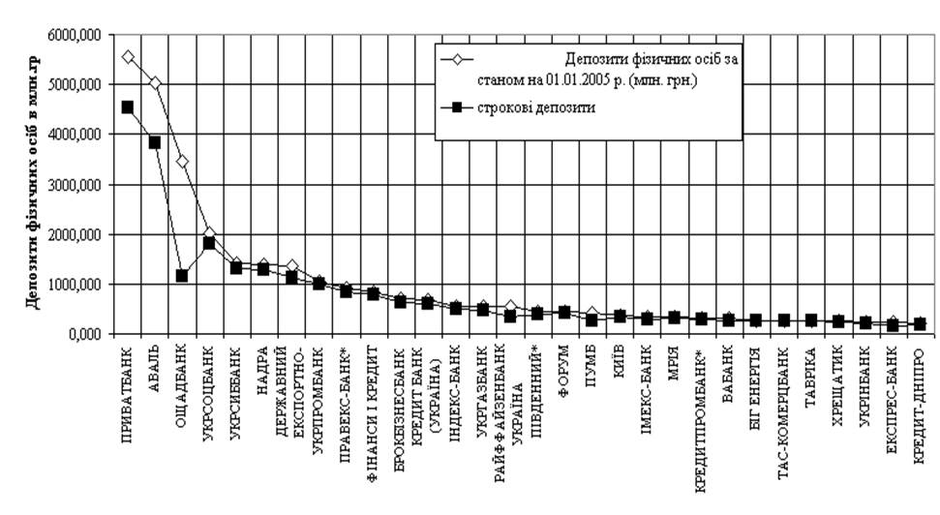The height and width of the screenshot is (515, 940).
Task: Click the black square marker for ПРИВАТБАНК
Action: (x=127, y=106)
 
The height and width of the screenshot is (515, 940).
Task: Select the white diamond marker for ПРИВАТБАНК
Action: (x=127, y=57)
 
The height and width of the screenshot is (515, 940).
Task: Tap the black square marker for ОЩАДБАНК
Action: (x=181, y=276)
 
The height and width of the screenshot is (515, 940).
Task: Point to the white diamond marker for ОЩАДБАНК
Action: (x=181, y=161)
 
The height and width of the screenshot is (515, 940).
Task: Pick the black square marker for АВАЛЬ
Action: (x=154, y=141)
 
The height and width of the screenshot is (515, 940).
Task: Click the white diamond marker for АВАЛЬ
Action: (x=154, y=83)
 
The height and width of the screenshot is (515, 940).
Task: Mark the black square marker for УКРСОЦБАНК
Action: (x=208, y=243)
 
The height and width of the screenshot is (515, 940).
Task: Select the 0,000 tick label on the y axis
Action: (x=86, y=334)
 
